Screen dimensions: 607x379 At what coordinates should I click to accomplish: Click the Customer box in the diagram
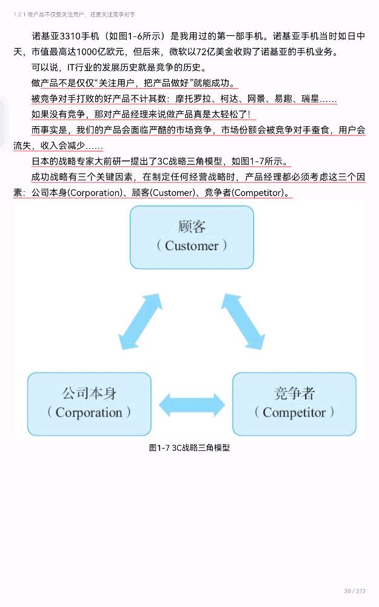[x=192, y=237]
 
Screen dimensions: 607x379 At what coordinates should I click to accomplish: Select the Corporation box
[x=89, y=404]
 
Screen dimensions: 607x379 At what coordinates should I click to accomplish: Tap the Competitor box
[x=294, y=404]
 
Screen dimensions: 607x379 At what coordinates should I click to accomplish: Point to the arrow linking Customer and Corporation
[x=139, y=322]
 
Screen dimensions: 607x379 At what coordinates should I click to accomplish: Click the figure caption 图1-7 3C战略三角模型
[x=189, y=448]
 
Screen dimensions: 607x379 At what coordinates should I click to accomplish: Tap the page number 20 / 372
[x=355, y=591]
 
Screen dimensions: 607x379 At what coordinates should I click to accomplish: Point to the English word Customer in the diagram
[x=192, y=246]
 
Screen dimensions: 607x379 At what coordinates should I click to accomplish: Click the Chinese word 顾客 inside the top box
[x=192, y=226]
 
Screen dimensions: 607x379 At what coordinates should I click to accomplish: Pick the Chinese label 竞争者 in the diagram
[x=294, y=393]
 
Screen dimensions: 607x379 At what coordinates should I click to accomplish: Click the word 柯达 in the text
[x=225, y=99]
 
